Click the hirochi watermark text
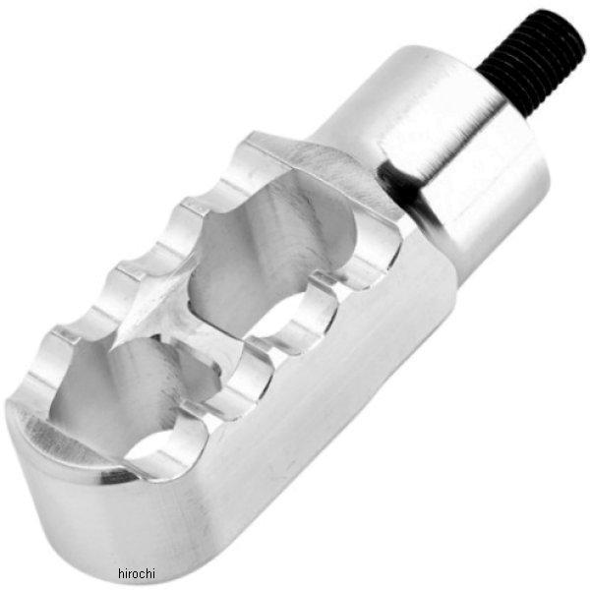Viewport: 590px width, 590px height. pyautogui.click(x=137, y=573)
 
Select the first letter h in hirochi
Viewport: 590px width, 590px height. pyautogui.click(x=121, y=573)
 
